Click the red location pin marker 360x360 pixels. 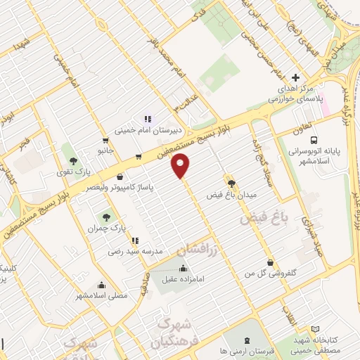click(181, 166)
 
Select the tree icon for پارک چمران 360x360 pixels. click(106, 217)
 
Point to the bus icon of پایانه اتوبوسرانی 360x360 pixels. click(314, 139)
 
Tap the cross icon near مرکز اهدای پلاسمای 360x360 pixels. click(295, 77)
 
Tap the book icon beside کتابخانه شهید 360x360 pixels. click(314, 330)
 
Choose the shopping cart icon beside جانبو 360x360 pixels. click(105, 139)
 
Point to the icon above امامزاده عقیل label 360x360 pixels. click(183, 268)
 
